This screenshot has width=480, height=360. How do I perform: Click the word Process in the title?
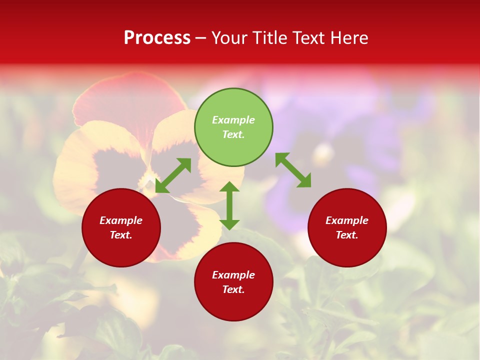click(157, 38)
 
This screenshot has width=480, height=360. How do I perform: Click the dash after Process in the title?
click(201, 38)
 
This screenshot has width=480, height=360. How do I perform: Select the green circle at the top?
click(233, 127)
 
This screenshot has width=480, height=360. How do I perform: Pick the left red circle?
click(121, 227)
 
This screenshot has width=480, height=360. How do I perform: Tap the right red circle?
click(347, 227)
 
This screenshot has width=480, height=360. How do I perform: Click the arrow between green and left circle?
click(173, 175)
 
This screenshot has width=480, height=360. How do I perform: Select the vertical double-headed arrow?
click(229, 205)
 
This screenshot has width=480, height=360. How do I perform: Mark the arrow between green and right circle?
click(293, 170)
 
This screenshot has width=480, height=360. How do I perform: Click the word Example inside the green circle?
click(233, 120)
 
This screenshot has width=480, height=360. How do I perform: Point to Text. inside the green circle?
click(233, 134)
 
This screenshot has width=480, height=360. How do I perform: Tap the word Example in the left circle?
click(121, 220)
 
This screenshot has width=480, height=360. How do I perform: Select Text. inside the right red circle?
click(347, 235)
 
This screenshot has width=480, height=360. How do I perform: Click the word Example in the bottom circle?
click(233, 275)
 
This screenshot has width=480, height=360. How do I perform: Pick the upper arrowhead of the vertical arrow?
click(229, 187)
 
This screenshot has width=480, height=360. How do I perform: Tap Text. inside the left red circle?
click(121, 235)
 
